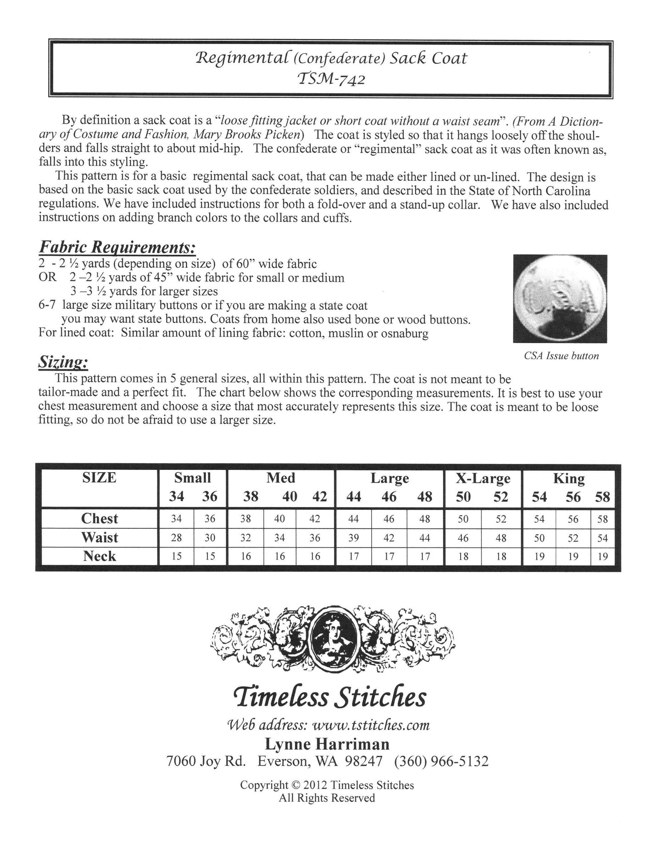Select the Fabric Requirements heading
click(x=117, y=248)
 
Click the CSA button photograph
click(x=560, y=299)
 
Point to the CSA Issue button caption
click(x=561, y=356)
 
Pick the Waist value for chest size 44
click(x=353, y=538)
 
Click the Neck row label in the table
click(x=100, y=556)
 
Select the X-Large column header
click(x=483, y=479)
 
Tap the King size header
click(x=569, y=479)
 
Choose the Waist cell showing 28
click(x=176, y=538)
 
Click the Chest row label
click(x=100, y=519)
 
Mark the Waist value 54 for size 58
click(x=602, y=538)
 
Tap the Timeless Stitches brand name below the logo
click(x=330, y=697)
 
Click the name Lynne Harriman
click(x=327, y=744)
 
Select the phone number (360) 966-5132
click(x=441, y=762)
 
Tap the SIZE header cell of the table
click(x=99, y=478)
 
